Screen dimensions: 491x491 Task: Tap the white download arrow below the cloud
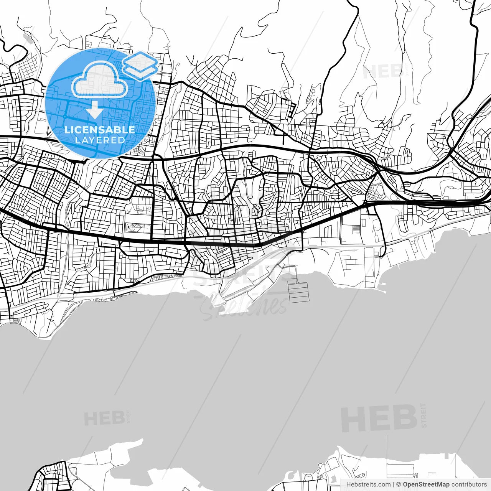(94, 110)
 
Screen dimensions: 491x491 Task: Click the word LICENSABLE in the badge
(100, 130)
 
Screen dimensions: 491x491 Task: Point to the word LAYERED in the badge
(100, 140)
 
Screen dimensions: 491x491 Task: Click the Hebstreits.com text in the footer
(368, 484)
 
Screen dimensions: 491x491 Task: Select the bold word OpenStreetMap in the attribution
(426, 484)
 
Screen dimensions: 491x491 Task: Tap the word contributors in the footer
(469, 484)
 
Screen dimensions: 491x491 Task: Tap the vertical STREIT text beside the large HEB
(423, 415)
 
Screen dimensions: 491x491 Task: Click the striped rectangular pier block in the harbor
(299, 293)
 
